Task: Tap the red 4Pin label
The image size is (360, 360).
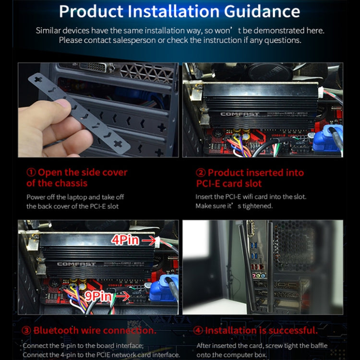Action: click(126, 240)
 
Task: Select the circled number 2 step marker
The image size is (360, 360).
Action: click(201, 173)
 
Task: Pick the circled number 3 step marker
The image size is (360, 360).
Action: click(26, 331)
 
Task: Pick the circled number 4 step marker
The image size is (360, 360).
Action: click(198, 331)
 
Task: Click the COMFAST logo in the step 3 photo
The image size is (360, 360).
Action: click(76, 264)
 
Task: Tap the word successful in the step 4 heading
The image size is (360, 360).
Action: click(288, 331)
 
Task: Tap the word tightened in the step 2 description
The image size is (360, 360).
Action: click(258, 206)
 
